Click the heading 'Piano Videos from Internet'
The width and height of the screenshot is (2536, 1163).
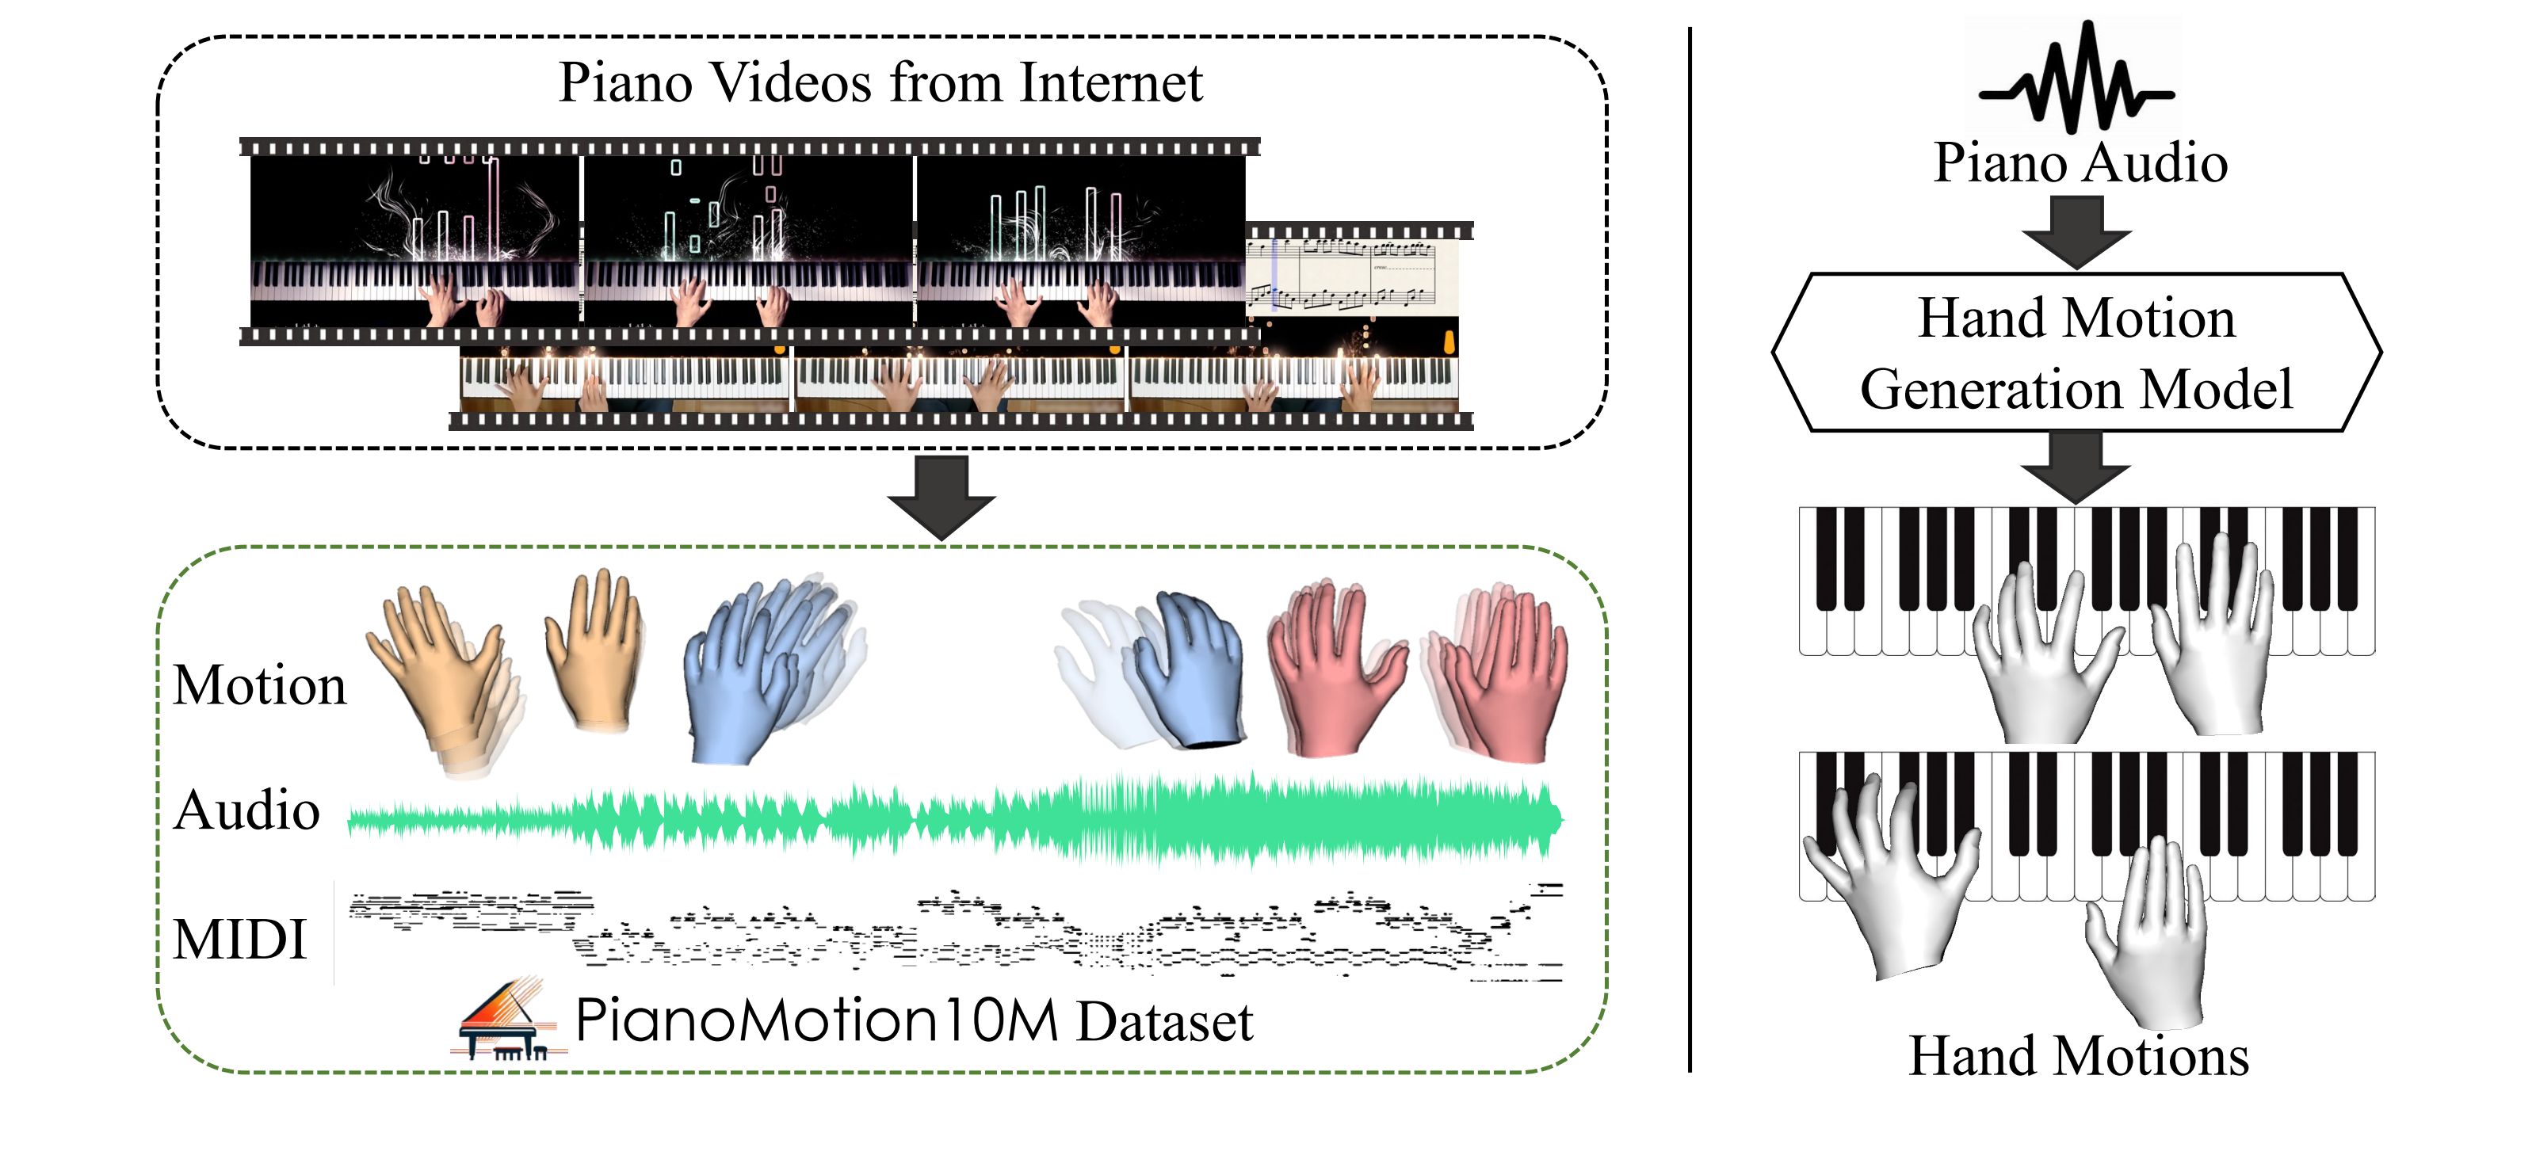tap(880, 82)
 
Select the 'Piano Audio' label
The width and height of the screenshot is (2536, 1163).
tap(2080, 163)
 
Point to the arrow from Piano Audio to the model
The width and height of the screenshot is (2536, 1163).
tap(2076, 232)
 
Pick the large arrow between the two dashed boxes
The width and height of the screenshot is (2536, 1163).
tap(941, 497)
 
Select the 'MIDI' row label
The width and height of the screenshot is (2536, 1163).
tap(239, 939)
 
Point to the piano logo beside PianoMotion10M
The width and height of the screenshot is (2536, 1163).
tap(508, 1020)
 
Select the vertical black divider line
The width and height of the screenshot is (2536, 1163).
tap(1690, 551)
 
